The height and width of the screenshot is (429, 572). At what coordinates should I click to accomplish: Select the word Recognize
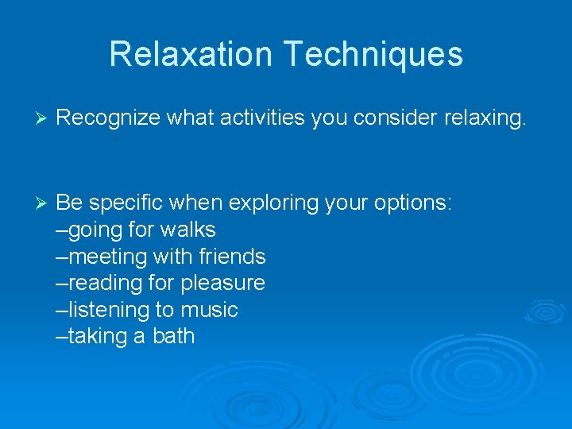point(109,118)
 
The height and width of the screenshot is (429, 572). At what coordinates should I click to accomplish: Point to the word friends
point(233,257)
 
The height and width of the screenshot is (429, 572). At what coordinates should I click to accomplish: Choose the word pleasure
point(223,283)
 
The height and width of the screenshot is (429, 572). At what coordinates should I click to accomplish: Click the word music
point(209,310)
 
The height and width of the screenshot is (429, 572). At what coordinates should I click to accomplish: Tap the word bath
point(173,336)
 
